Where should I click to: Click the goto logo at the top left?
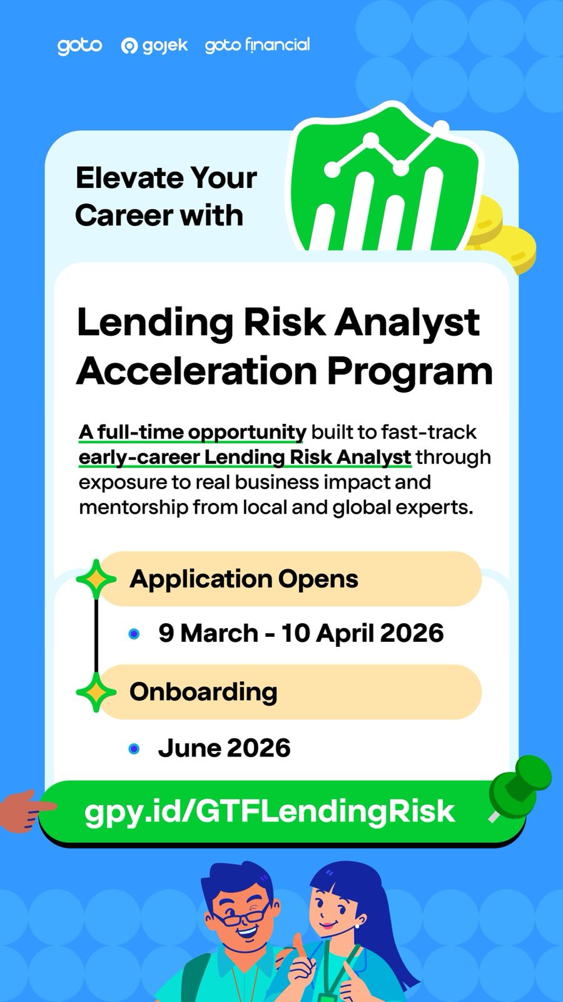[79, 46]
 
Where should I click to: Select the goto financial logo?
[257, 45]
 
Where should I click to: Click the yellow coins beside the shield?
[503, 232]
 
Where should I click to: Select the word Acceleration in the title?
[196, 371]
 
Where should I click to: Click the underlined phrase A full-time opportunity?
[192, 433]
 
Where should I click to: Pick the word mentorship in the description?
[134, 508]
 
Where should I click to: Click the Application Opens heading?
[244, 579]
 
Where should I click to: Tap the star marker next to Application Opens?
[96, 579]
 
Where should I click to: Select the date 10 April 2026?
[362, 633]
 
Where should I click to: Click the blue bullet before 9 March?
[134, 634]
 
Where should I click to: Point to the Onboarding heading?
[203, 692]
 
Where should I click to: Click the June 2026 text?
[225, 748]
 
